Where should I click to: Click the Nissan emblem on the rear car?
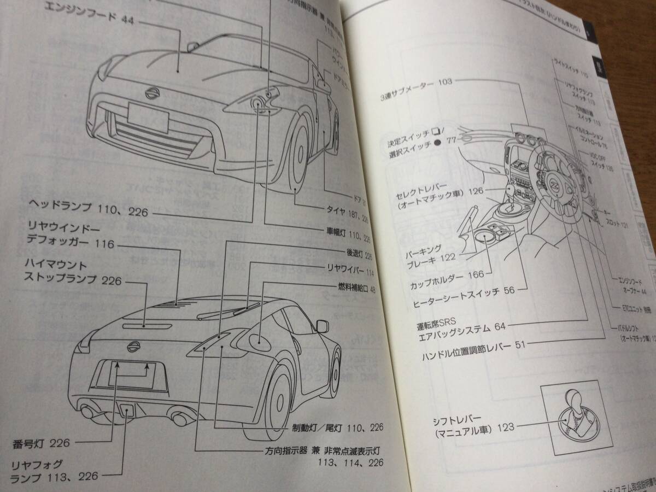coord(132,345)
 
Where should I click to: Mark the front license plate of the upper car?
coord(147,116)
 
